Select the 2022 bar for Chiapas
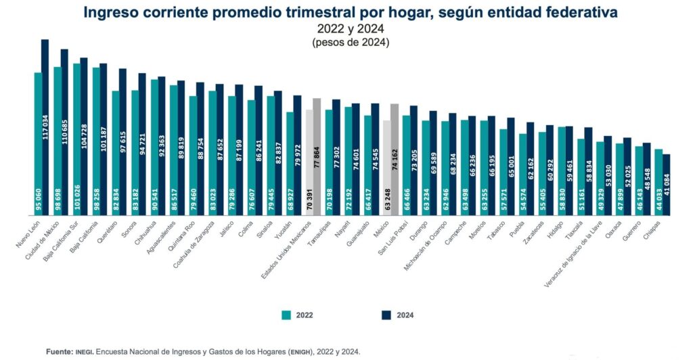658,182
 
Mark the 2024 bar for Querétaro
122,142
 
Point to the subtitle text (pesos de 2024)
351,43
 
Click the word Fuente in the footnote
59,352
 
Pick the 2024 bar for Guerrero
647,179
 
